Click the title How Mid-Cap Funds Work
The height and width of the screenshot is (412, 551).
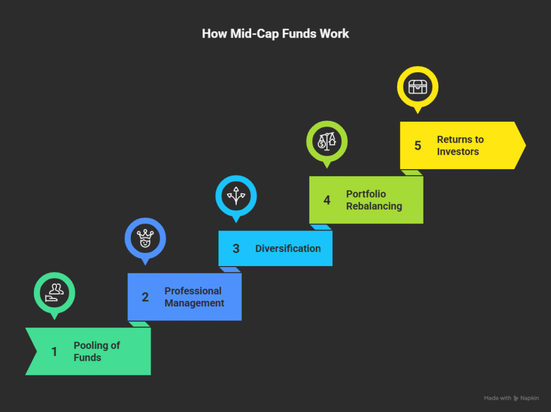[275, 33]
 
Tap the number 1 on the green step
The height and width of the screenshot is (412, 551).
[54, 352]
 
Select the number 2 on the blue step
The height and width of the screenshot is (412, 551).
[145, 297]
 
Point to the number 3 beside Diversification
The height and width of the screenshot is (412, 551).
[236, 249]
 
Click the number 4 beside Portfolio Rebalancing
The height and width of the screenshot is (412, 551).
[327, 200]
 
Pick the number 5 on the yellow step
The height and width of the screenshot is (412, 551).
[418, 145]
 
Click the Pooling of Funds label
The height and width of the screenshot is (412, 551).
[97, 351]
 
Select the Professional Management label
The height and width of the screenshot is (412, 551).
[194, 297]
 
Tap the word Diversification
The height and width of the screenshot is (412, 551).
[288, 249]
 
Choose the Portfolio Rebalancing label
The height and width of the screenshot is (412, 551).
[373, 200]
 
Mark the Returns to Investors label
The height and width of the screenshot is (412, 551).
[460, 145]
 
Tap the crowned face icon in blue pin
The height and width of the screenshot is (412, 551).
[145, 238]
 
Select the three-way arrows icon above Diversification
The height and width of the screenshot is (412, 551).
[236, 195]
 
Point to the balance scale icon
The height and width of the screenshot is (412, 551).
[327, 141]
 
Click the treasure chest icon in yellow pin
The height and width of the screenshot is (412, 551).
[418, 87]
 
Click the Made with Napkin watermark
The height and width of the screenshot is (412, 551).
[511, 398]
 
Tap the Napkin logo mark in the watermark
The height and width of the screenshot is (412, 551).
[517, 398]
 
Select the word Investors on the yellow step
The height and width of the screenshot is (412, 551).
[458, 152]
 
